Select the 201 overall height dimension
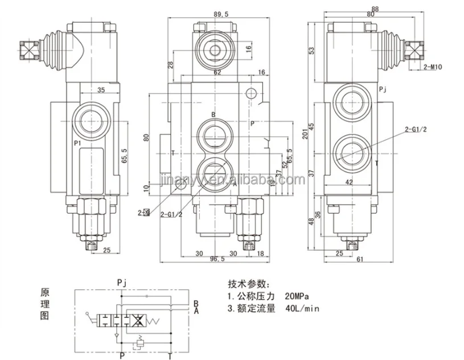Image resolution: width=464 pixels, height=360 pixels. (x=305, y=133)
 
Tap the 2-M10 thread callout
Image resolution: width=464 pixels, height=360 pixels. (x=433, y=67)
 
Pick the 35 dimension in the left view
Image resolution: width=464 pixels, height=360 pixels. (x=101, y=89)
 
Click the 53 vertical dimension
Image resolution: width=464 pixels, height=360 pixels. (x=312, y=50)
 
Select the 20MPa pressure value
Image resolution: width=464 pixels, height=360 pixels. (x=298, y=297)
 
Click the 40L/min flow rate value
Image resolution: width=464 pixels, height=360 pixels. (x=302, y=309)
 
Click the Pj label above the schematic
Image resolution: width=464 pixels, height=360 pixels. (x=121, y=281)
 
